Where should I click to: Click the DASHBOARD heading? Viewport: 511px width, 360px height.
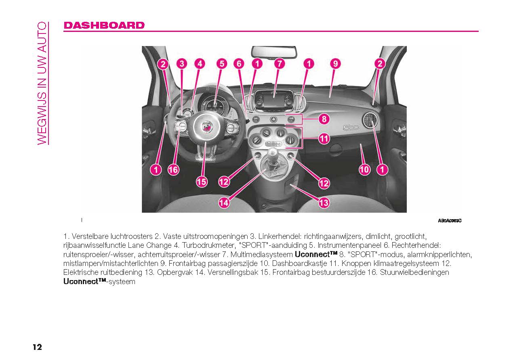[x=104, y=25]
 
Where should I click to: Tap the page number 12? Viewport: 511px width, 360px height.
[x=38, y=347]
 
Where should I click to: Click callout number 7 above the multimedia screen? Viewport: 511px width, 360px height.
[x=280, y=64]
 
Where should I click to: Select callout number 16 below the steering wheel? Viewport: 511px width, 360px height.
[x=173, y=170]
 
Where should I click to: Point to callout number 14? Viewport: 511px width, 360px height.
[x=224, y=203]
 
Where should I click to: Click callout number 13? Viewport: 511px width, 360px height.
[x=324, y=203]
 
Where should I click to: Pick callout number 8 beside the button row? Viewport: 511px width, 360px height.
[x=324, y=119]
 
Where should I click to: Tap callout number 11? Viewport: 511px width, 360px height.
[x=324, y=138]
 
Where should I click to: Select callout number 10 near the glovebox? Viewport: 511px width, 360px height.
[x=364, y=170]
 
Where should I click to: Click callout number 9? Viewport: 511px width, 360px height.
[x=335, y=64]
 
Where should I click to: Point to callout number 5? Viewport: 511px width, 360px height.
[x=222, y=64]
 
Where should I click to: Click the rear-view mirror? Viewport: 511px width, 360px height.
[x=274, y=52]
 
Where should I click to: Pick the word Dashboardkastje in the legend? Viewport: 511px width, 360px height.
[x=300, y=264]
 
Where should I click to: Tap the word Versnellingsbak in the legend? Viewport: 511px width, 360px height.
[x=233, y=272]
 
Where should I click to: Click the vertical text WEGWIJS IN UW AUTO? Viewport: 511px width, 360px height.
[x=42, y=83]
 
